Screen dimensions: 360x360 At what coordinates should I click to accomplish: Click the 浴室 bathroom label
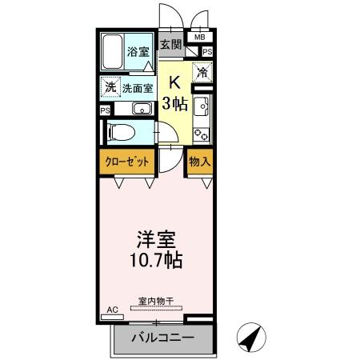tap(138, 52)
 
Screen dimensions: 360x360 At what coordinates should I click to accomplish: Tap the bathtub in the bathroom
tap(113, 52)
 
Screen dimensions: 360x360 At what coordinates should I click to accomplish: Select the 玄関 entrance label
tap(169, 45)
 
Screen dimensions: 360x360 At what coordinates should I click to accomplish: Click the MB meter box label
tap(199, 37)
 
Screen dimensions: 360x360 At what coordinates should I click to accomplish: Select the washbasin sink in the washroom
tap(142, 110)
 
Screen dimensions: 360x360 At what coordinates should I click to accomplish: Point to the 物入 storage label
tap(200, 162)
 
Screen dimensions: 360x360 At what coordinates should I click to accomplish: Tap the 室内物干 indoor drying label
tap(158, 301)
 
